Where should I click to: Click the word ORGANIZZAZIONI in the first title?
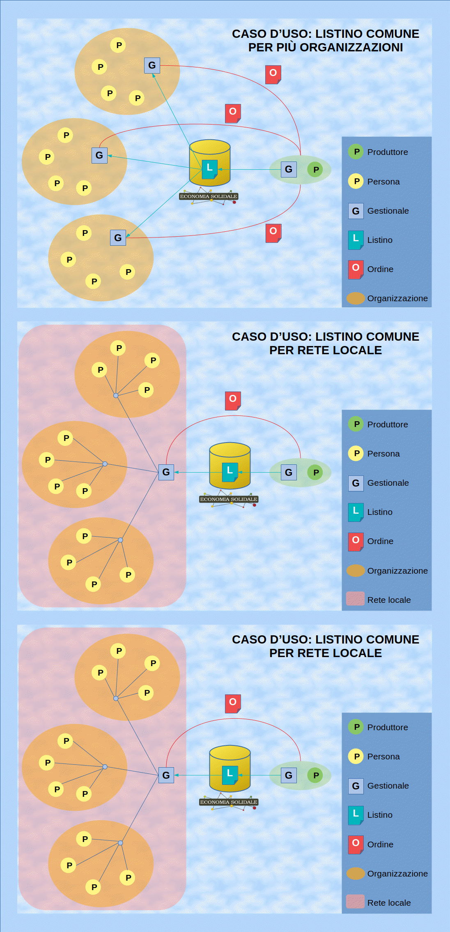tap(351, 48)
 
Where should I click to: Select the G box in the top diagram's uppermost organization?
tap(152, 65)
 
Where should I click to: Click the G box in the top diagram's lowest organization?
tap(118, 238)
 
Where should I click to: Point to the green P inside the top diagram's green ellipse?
tap(316, 169)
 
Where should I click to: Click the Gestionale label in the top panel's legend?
tap(388, 211)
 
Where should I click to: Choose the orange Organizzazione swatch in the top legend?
tap(356, 298)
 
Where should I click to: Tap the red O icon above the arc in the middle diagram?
tap(233, 400)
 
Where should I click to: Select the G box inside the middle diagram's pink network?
tap(166, 472)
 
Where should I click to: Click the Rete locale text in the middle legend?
tap(389, 600)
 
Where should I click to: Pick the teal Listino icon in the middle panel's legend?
tap(356, 512)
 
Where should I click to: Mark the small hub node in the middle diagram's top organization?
tap(116, 395)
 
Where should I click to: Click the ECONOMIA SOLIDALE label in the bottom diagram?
tap(229, 802)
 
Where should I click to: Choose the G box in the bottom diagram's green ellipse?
tap(289, 775)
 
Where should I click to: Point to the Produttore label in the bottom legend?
tap(387, 727)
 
